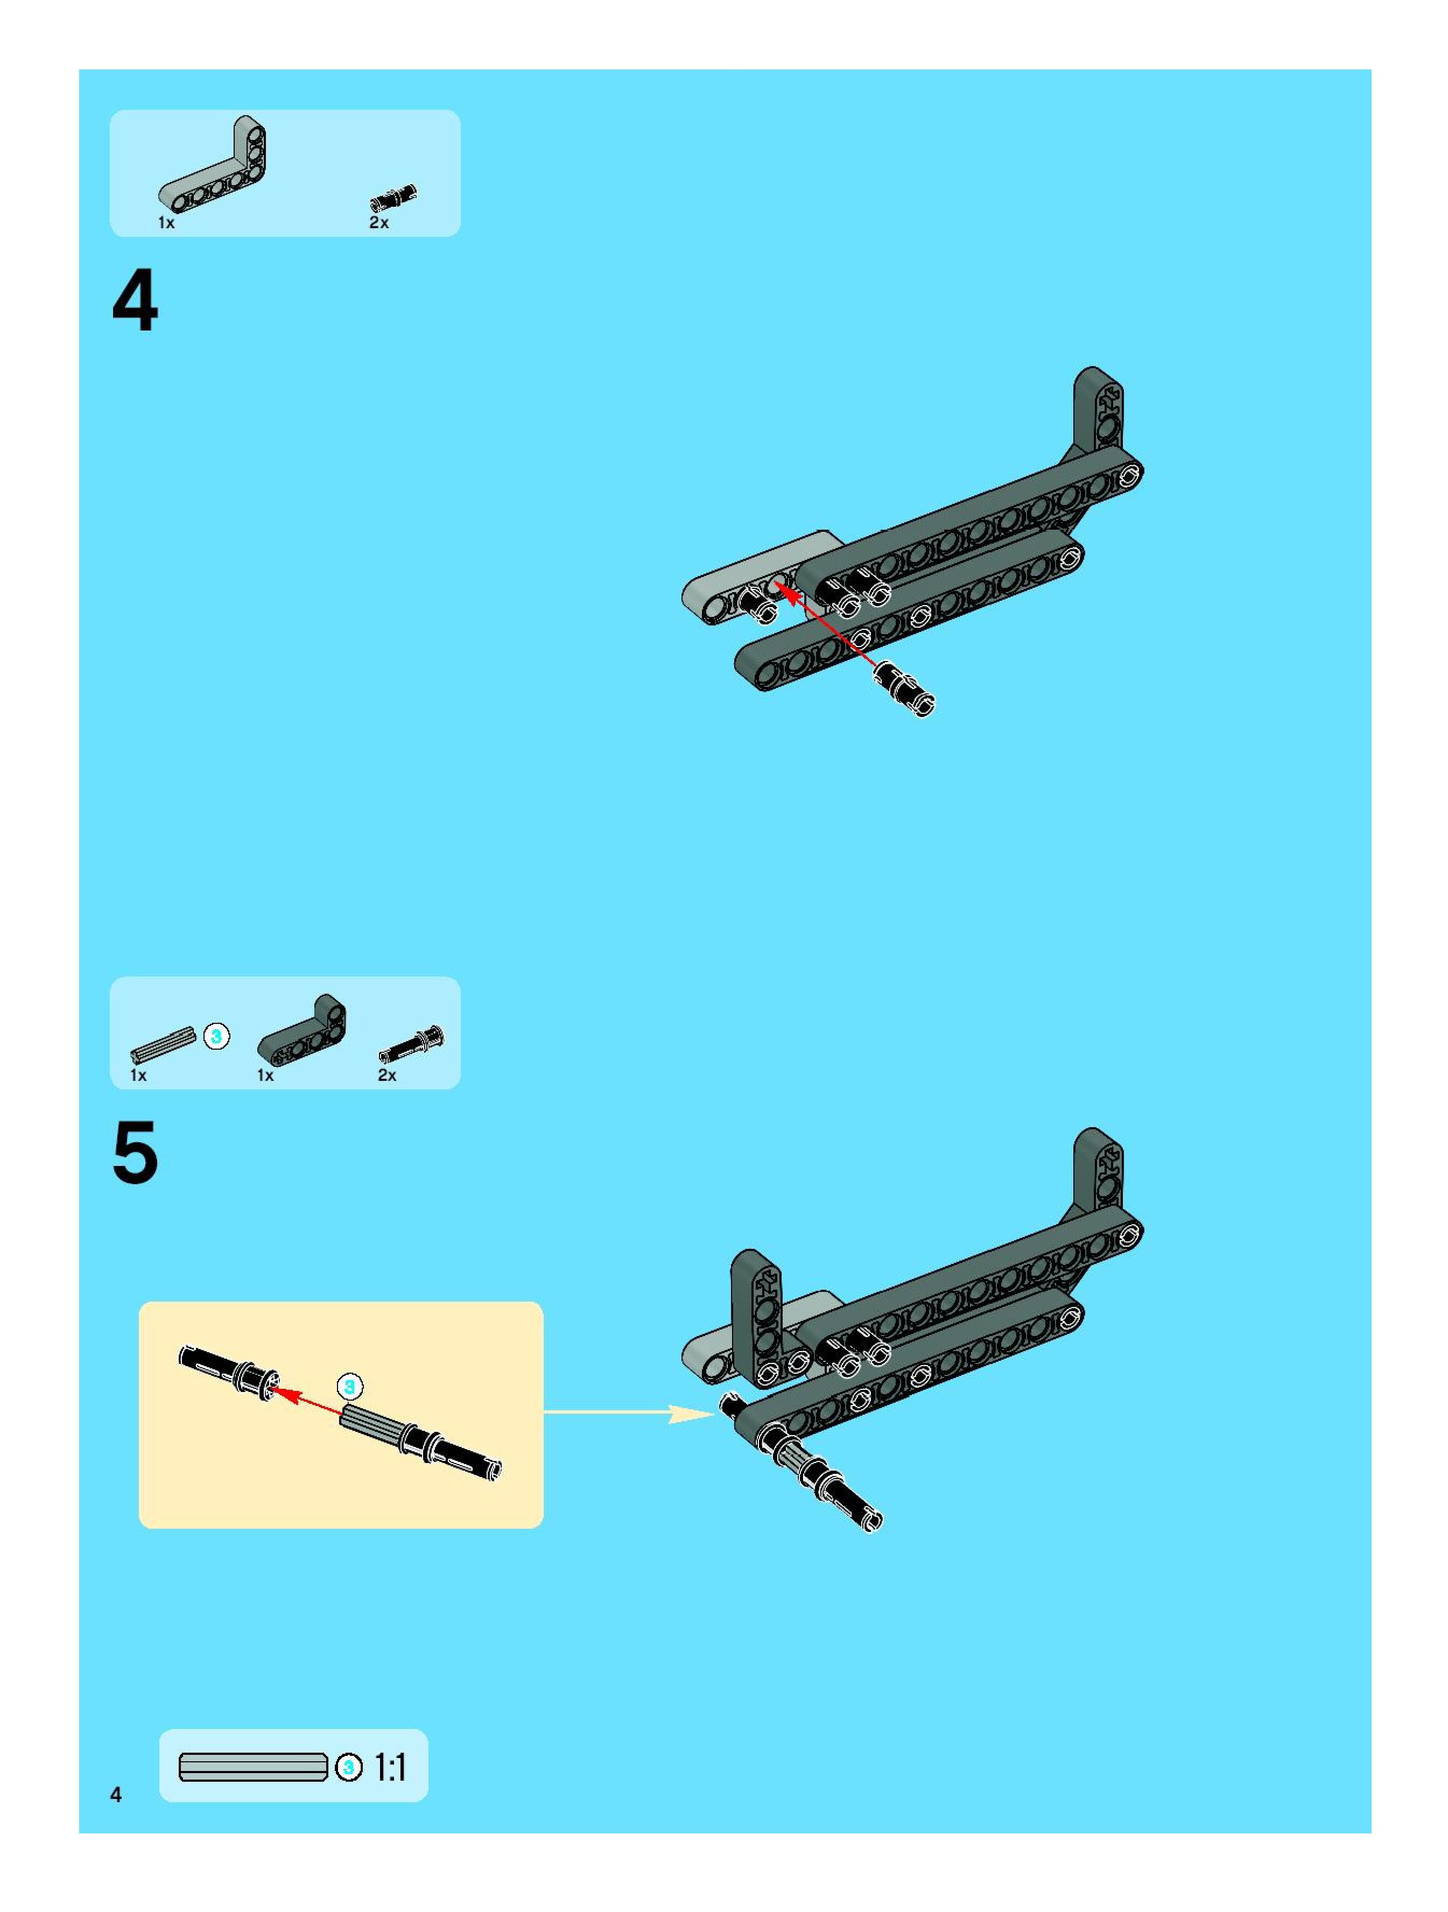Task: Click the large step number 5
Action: point(135,1152)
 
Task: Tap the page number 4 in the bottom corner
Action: point(116,1795)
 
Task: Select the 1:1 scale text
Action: point(390,1768)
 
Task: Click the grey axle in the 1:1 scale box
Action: point(254,1768)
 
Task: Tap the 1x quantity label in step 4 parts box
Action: point(166,223)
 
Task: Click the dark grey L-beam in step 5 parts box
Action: point(301,1029)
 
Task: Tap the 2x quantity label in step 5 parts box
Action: point(387,1075)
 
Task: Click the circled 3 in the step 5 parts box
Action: point(217,1036)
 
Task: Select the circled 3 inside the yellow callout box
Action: point(349,1387)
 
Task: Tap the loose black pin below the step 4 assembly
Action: point(904,690)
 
